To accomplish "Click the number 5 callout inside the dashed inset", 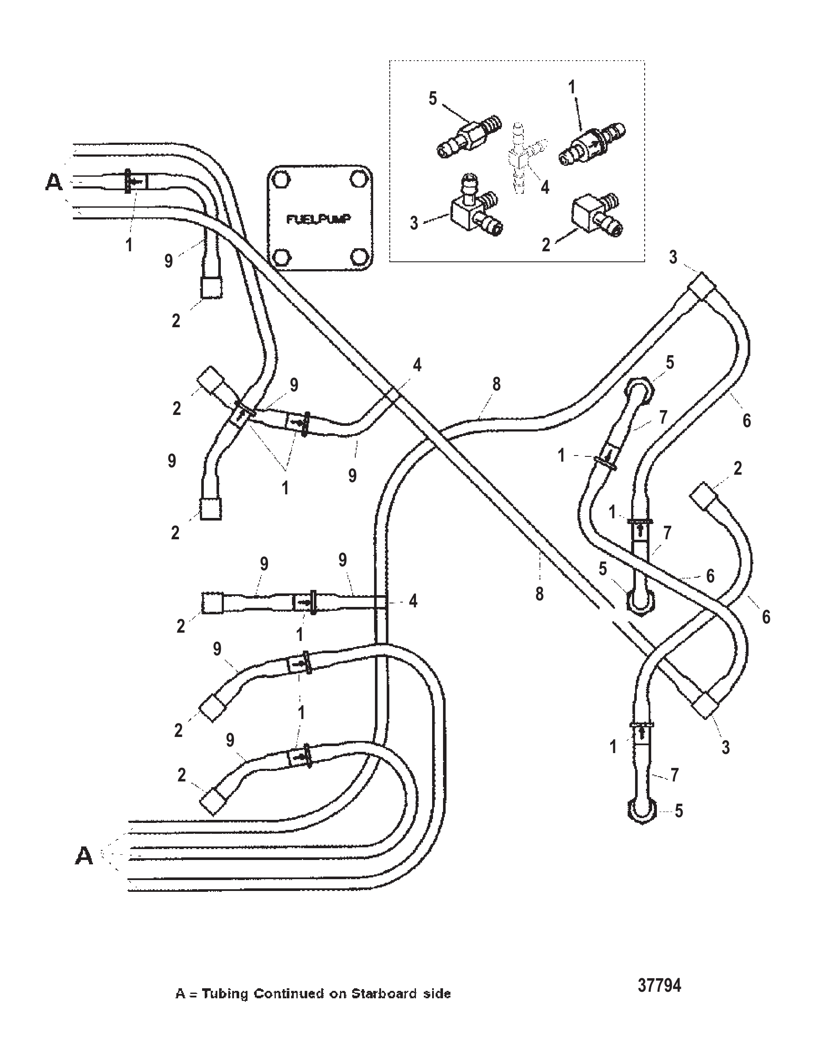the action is click(x=433, y=98).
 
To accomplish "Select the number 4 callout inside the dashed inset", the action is click(x=545, y=187).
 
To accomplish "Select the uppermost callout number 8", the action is click(x=496, y=384).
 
